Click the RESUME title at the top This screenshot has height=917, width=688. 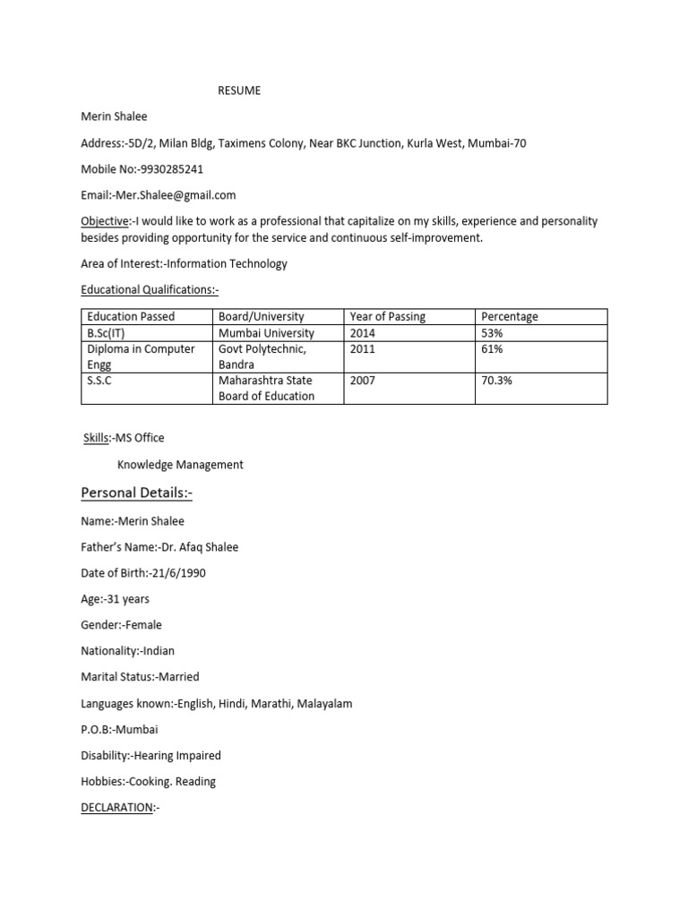point(240,90)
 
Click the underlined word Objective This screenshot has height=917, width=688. point(104,220)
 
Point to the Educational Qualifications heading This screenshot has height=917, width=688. point(150,289)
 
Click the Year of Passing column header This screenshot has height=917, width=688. point(387,316)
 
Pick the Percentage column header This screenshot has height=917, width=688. point(510,316)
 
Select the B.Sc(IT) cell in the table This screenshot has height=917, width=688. point(106,333)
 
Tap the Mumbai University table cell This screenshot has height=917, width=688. point(266,333)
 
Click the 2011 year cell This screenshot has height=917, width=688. point(363,349)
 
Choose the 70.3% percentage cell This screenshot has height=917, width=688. point(497,381)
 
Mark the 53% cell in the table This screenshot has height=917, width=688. point(492,333)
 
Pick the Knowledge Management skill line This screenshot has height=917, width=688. point(180,465)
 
